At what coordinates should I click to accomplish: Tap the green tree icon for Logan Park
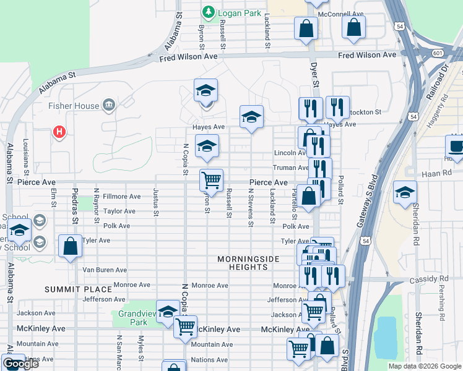209,12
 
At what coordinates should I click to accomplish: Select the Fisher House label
74,106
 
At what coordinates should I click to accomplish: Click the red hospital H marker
59,132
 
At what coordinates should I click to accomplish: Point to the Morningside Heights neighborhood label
248,263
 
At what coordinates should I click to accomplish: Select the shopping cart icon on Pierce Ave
211,180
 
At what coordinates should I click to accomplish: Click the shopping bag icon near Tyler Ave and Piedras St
71,245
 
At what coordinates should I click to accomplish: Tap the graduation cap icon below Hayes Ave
207,147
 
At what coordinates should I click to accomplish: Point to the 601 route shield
438,53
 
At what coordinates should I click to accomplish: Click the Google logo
20,364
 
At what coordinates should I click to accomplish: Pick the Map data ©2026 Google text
424,366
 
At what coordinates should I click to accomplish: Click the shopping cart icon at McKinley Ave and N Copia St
185,327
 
